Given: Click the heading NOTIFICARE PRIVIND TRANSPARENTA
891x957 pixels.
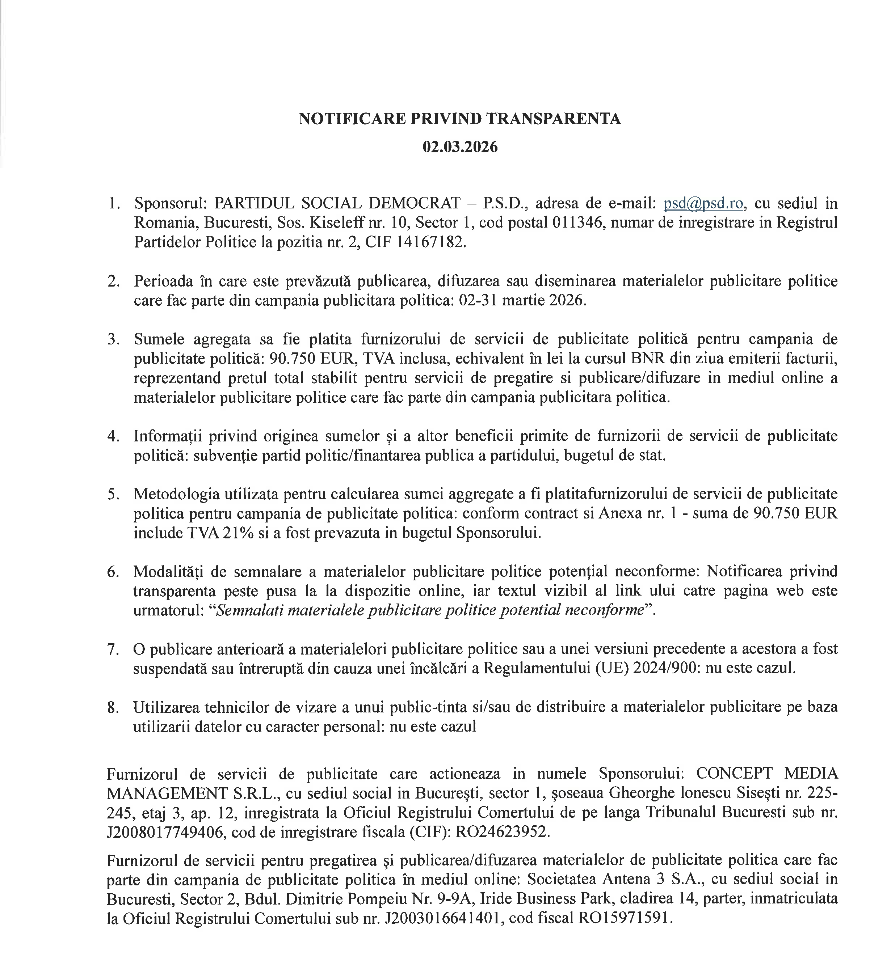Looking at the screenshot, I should coord(459,118).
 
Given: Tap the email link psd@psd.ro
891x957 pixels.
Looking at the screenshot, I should coord(703,204).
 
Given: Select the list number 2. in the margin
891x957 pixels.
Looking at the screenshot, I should coord(114,281).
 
